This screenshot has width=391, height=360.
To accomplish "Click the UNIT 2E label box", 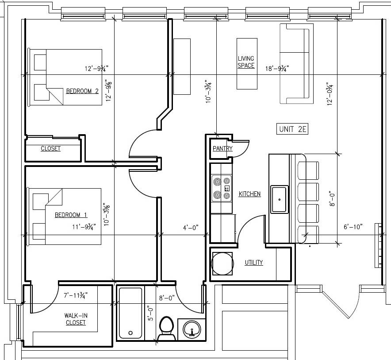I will coord(292,129).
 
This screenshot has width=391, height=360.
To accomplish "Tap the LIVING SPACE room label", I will coord(246,62).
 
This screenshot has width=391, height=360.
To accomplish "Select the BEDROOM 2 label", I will coord(82,91).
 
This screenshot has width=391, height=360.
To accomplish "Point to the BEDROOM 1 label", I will coord(71,215).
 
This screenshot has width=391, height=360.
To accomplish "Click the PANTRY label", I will coord(222,148).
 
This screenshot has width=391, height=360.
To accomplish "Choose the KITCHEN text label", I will coord(249,194).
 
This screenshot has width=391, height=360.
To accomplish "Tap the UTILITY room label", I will coord(254,263).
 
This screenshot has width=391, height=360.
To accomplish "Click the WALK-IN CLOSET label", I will coord(75,319).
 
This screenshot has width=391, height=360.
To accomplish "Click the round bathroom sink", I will coord(192,329).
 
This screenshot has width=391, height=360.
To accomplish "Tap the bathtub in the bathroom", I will coord(130,313).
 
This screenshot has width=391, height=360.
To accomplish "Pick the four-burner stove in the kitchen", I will coord(221,188).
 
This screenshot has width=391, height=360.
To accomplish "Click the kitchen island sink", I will coord(280,200).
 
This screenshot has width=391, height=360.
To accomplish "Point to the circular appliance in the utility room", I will coord(222,263).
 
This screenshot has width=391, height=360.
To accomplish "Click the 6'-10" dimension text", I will coord(353,227).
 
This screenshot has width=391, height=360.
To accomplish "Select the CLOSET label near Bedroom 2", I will coord(50,148).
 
